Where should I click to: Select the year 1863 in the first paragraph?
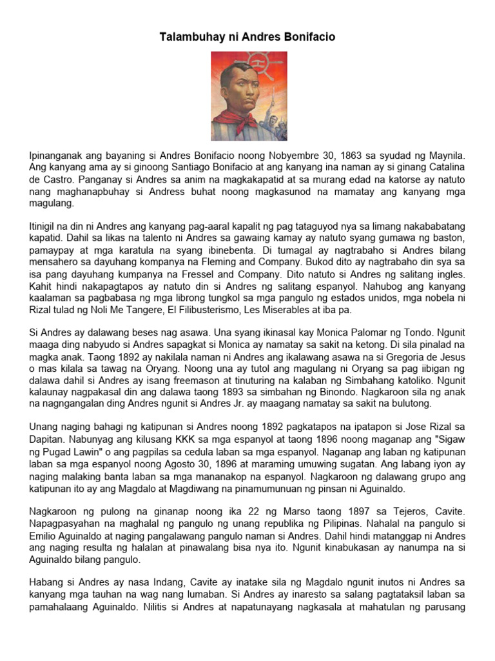pos(337,156)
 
